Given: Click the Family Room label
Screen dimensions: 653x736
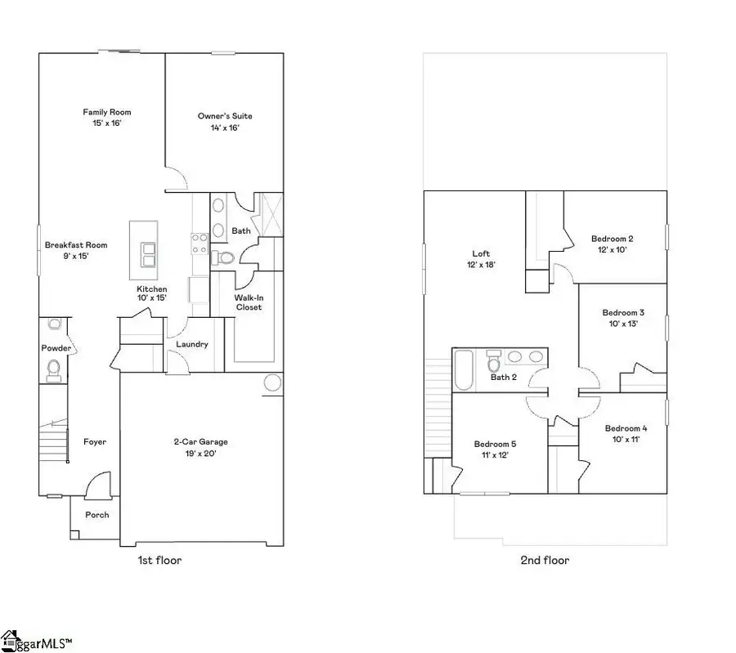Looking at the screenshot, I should point(106,117).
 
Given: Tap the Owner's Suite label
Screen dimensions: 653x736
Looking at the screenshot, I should point(218,121).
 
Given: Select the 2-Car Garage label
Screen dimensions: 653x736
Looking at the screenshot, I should point(200,447).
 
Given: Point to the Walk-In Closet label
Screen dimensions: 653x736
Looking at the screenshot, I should point(249,302).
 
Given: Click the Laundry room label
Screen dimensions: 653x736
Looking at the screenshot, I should point(192,344).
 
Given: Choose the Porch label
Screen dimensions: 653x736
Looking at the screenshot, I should point(97,515).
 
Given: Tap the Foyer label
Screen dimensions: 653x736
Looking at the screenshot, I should point(95,442).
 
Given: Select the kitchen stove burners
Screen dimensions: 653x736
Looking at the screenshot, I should point(199,243).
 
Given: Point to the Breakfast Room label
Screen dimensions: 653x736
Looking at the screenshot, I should point(76,250).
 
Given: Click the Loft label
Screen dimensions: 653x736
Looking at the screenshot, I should point(481,258).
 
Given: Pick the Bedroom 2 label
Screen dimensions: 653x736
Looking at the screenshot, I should point(613,244).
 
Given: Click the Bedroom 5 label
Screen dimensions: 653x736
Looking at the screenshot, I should point(495,449).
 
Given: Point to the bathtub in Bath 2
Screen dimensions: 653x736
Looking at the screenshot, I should point(463,370).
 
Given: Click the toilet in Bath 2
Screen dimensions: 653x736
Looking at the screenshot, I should point(493,360).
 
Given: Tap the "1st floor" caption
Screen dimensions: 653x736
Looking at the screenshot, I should point(159,561).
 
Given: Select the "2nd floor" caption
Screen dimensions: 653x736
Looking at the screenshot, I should point(544,561).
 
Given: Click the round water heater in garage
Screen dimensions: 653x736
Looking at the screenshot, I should point(272,382).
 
